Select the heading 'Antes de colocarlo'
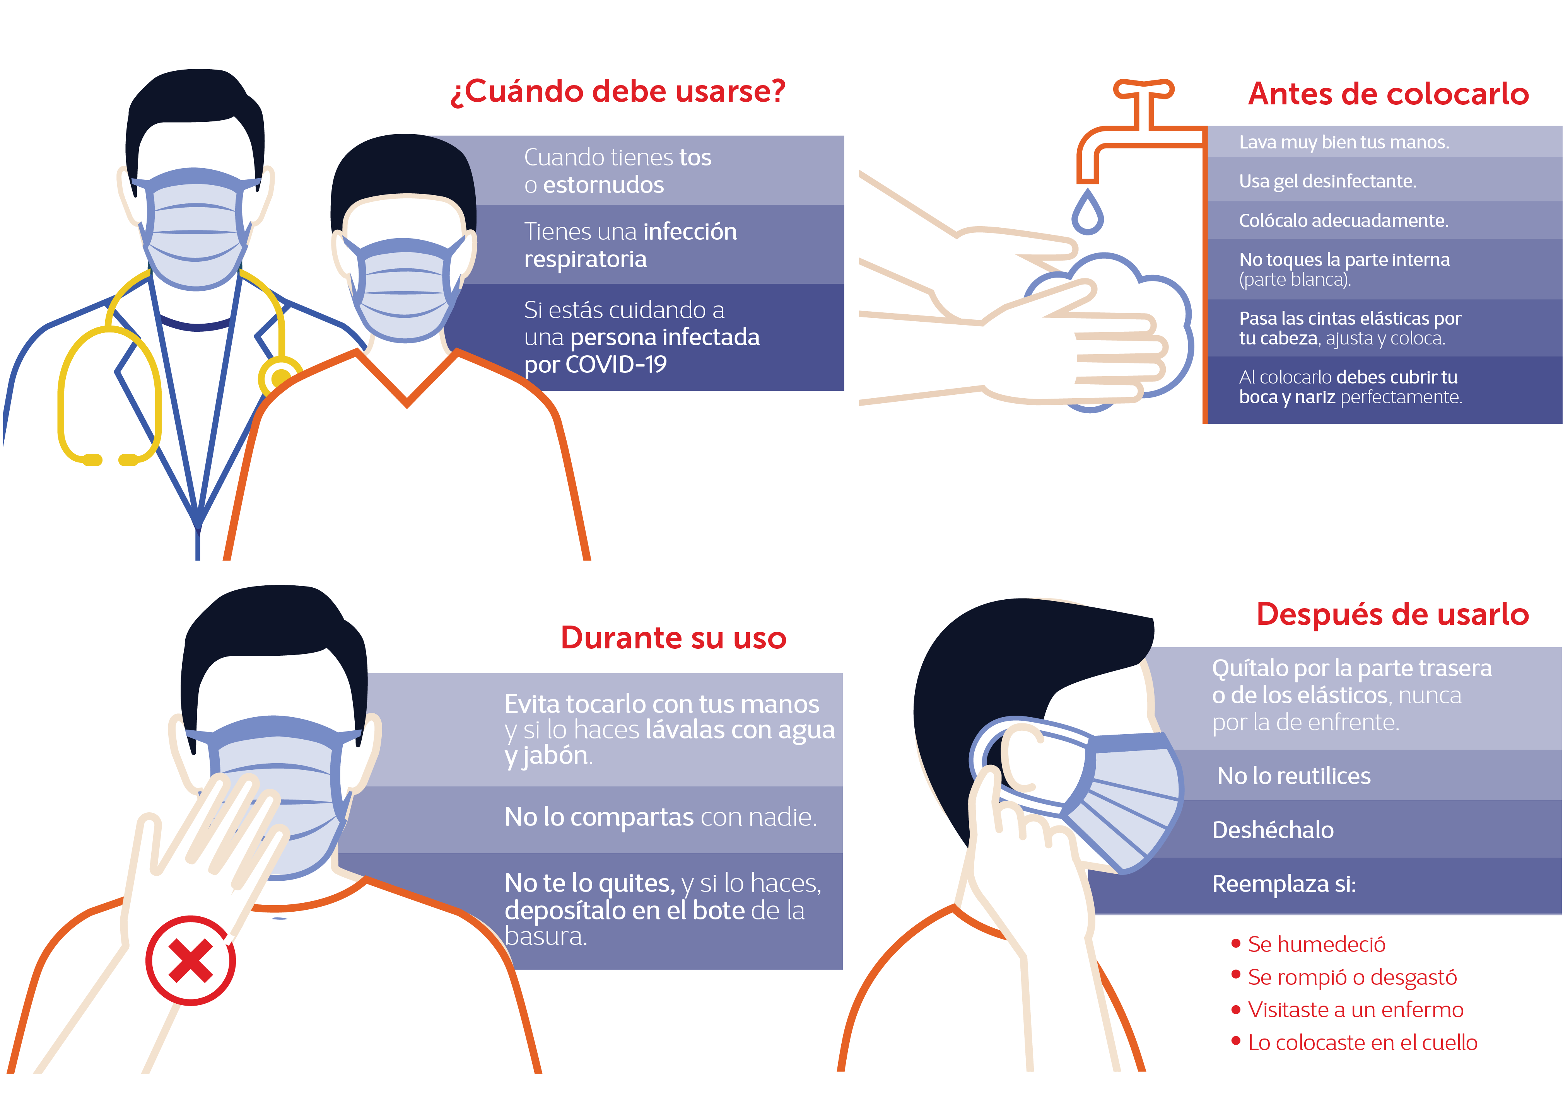point(1388,94)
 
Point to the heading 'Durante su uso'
point(673,638)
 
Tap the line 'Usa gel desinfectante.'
point(1327,181)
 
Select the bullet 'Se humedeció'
point(1316,944)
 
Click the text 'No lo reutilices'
point(1293,776)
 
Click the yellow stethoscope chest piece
point(279,376)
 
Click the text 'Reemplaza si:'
point(1284,884)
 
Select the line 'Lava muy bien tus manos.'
point(1344,142)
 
